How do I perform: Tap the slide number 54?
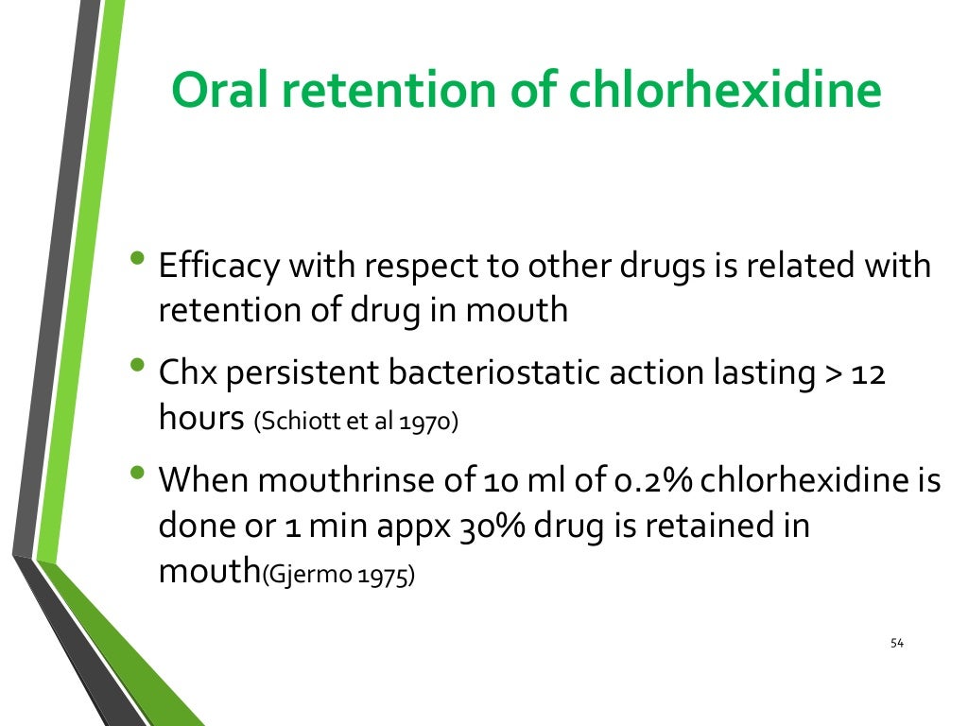point(897,644)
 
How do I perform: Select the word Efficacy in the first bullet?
point(218,267)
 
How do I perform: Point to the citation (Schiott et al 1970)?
point(355,423)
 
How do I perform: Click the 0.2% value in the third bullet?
point(646,480)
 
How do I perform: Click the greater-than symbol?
point(832,374)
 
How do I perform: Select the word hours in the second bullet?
point(201,419)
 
